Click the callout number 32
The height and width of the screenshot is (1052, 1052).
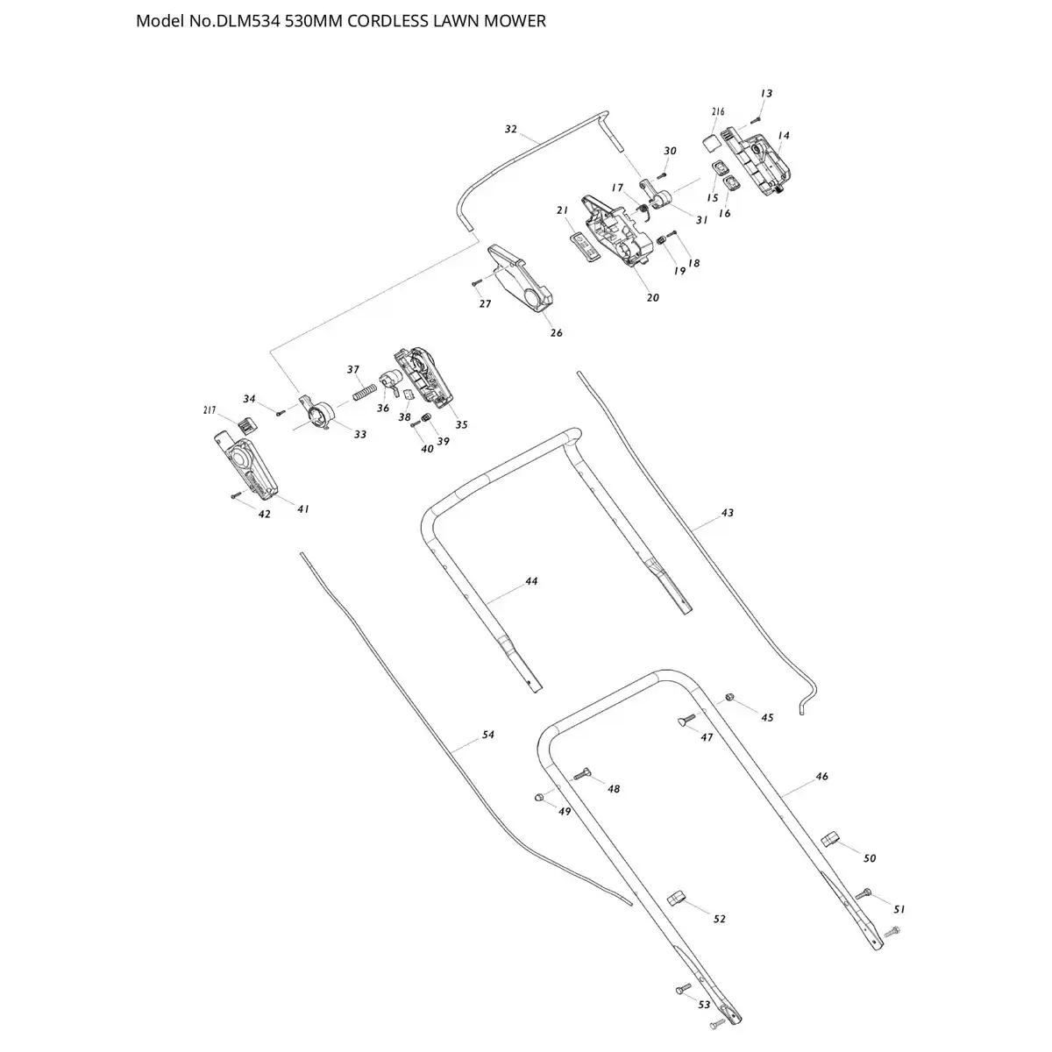(511, 129)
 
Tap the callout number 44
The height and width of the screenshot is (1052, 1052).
(530, 581)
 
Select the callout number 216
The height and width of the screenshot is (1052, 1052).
(718, 112)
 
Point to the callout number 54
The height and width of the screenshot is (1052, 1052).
(488, 735)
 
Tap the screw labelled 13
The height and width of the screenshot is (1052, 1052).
(757, 120)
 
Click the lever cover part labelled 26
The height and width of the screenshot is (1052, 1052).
(522, 279)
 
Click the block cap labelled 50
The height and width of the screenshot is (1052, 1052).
(831, 839)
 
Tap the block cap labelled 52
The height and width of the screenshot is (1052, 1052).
(677, 899)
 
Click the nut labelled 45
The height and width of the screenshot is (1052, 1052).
(728, 697)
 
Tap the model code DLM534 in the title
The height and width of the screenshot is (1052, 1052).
(243, 20)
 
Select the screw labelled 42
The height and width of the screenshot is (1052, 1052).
(236, 496)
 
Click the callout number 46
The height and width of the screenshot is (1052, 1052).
(821, 777)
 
